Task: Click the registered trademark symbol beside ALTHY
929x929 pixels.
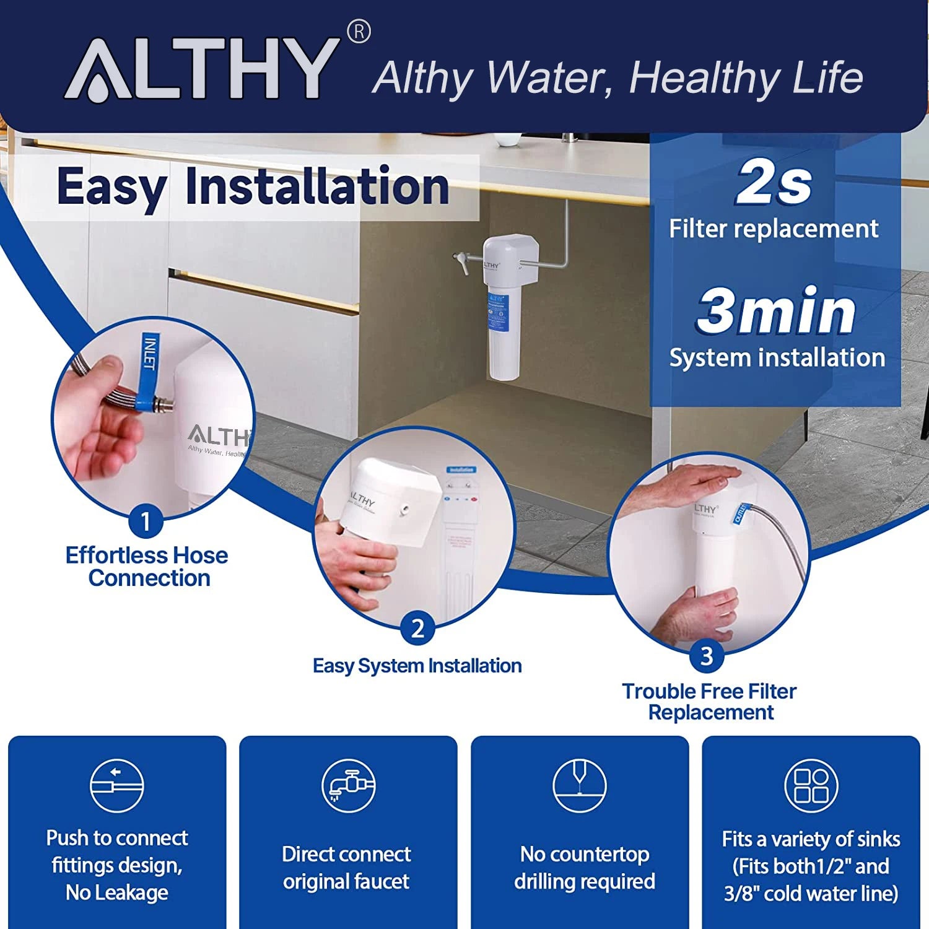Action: pyautogui.click(x=359, y=32)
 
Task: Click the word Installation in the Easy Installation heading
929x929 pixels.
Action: pyautogui.click(x=317, y=186)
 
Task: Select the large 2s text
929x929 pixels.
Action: pyautogui.click(x=774, y=182)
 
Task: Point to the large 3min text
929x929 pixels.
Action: pyautogui.click(x=777, y=311)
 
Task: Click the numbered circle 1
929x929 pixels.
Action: pyautogui.click(x=146, y=521)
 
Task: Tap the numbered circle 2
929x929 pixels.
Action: pyautogui.click(x=417, y=628)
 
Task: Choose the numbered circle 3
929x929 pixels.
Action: pyautogui.click(x=707, y=655)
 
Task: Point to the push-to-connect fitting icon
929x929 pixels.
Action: pyautogui.click(x=117, y=785)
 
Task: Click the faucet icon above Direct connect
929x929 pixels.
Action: pyautogui.click(x=348, y=785)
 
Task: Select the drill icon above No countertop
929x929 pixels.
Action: pyautogui.click(x=580, y=785)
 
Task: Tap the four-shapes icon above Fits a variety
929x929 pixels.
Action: pyautogui.click(x=811, y=785)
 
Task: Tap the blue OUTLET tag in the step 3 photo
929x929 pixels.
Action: pyautogui.click(x=740, y=512)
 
